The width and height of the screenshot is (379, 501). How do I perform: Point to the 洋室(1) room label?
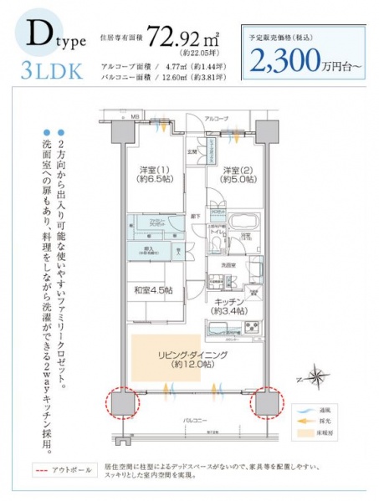click(x=156, y=176)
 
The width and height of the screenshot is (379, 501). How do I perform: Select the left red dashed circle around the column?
click(x=122, y=404)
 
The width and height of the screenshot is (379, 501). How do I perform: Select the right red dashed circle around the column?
click(x=266, y=406)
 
